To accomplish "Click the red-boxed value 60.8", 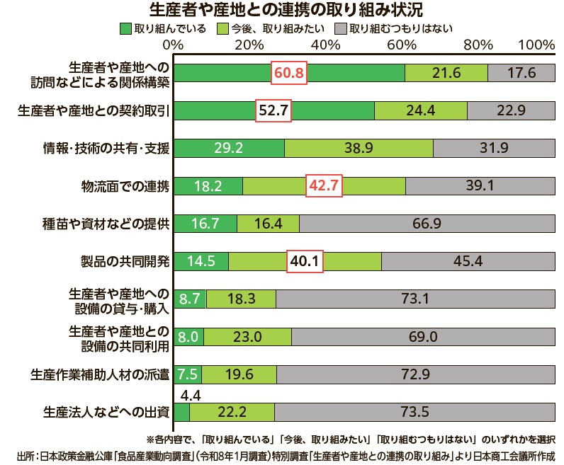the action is click(289, 73).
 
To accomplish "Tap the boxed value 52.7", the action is click(273, 110).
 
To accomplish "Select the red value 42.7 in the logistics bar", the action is click(324, 185).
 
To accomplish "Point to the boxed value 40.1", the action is click(305, 261).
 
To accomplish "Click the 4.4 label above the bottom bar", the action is click(191, 396).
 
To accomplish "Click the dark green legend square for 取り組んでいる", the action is click(125, 29).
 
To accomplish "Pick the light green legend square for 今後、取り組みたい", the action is click(223, 29).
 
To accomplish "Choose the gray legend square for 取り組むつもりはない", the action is click(341, 29).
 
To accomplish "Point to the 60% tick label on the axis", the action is click(402, 45).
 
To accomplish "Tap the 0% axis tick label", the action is click(173, 45).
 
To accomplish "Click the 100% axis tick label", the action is click(536, 45).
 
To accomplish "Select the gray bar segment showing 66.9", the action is click(427, 224).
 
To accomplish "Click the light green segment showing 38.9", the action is click(359, 148).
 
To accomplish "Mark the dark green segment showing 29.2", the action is click(230, 148).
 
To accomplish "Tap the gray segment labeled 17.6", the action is click(521, 73).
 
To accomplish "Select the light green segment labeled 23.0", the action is click(248, 337).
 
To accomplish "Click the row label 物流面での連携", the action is click(125, 186).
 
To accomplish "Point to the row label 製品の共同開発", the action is click(125, 261).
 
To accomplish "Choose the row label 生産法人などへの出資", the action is click(106, 412).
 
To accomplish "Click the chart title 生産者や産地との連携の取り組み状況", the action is click(286, 10).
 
